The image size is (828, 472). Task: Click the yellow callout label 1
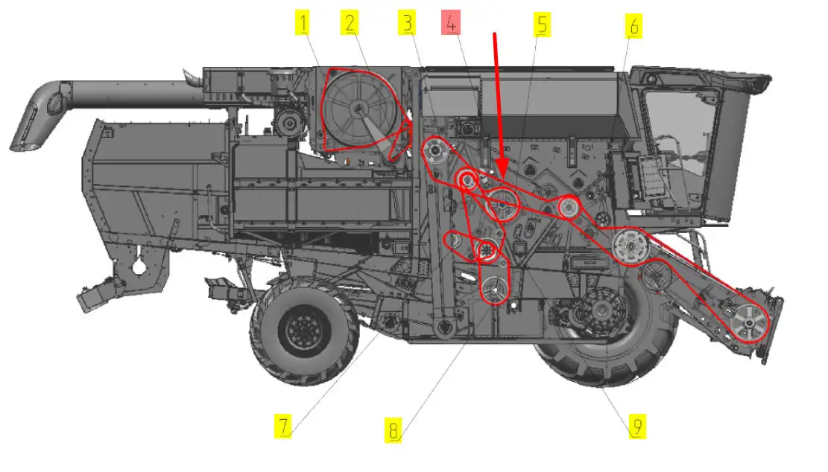click(x=303, y=22)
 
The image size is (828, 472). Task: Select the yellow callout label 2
click(x=350, y=22)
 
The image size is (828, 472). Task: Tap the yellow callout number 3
click(x=407, y=22)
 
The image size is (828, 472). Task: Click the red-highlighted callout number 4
click(x=450, y=22)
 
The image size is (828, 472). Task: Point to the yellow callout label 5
click(x=542, y=25)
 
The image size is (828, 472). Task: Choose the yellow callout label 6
click(x=633, y=26)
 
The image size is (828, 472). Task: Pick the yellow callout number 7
click(x=283, y=426)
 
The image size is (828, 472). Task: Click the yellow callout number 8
click(x=393, y=430)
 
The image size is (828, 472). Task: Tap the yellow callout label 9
click(x=637, y=426)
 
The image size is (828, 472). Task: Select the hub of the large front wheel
click(x=602, y=311)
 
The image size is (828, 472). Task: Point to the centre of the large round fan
click(x=360, y=109)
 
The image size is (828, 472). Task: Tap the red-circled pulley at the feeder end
click(x=749, y=323)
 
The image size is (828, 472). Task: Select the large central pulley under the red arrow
click(x=502, y=203)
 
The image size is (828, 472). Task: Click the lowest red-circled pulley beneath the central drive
click(x=494, y=290)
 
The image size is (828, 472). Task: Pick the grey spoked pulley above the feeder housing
click(x=631, y=246)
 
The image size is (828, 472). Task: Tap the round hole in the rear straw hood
click(x=139, y=267)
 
